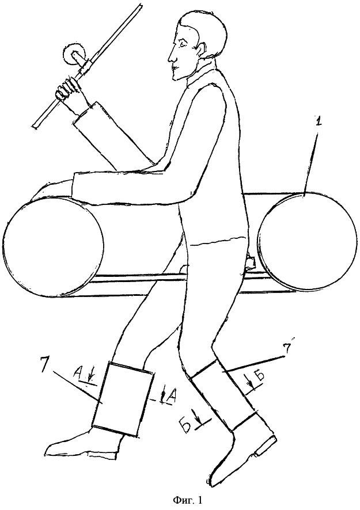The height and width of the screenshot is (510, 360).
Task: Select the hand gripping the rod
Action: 68,90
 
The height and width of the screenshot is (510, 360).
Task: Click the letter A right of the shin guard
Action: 169,395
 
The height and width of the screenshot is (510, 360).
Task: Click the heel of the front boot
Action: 267,446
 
